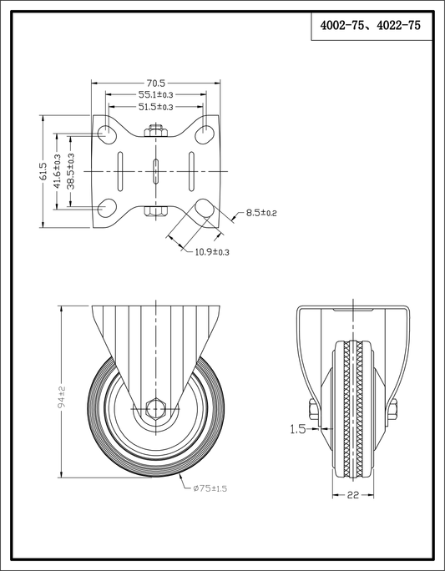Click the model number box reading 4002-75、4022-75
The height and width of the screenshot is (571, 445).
tap(372, 26)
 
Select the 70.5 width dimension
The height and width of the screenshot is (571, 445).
tap(156, 83)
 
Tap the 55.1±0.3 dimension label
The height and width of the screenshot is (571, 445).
tap(156, 94)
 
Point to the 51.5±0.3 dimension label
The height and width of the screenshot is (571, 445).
tap(156, 107)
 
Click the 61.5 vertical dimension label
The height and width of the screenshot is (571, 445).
tap(43, 171)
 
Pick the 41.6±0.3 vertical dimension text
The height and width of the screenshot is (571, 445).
tap(57, 171)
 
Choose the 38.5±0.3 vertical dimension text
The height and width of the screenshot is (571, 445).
tap(71, 171)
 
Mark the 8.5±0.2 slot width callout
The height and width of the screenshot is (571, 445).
tap(261, 213)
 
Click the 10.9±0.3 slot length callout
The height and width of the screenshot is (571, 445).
tap(212, 251)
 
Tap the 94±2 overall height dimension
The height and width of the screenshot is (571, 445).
tap(62, 397)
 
